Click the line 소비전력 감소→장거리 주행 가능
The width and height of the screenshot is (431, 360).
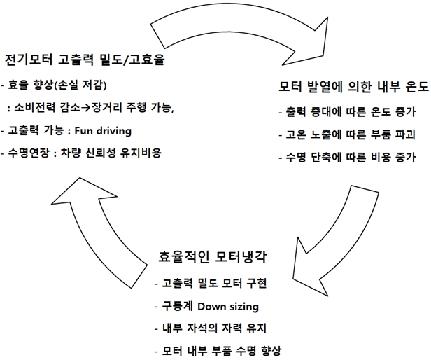point(95,108)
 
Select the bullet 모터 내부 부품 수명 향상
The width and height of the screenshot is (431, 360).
point(224,350)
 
